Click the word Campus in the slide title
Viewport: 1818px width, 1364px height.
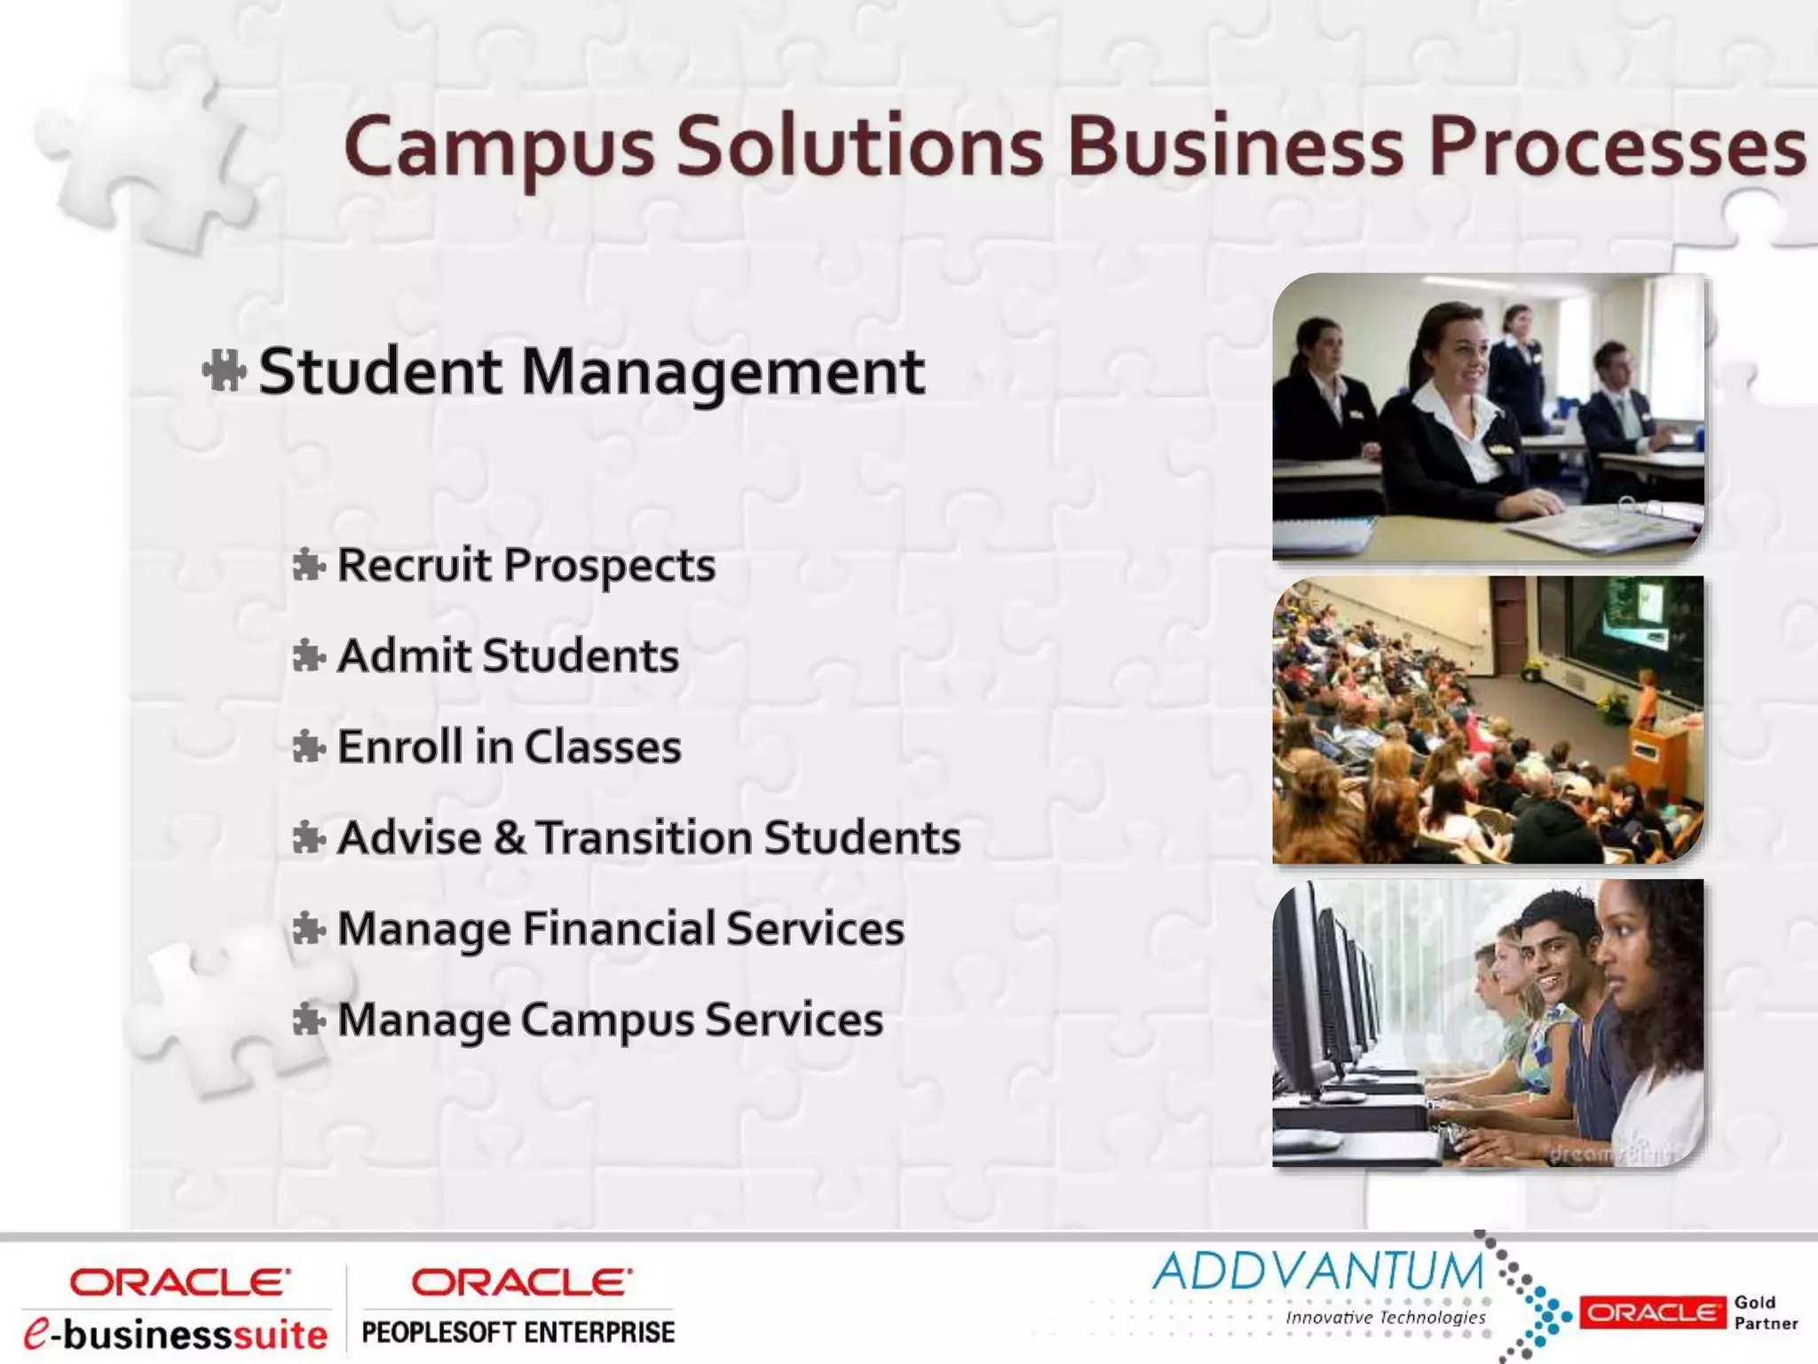499,147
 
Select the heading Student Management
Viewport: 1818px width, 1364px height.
591,371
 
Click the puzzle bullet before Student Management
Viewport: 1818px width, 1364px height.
224,371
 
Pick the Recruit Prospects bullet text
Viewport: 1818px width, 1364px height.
526,566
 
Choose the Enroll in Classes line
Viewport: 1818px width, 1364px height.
510,747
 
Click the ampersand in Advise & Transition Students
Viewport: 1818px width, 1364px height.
509,838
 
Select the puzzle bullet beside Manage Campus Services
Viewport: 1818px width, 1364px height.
308,1019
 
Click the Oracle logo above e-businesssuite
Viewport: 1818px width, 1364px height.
180,1282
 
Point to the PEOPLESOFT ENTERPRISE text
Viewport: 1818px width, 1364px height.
518,1332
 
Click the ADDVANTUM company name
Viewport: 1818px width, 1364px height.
1317,1271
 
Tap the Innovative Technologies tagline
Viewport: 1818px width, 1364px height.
1385,1317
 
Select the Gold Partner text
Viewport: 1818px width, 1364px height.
1765,1312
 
